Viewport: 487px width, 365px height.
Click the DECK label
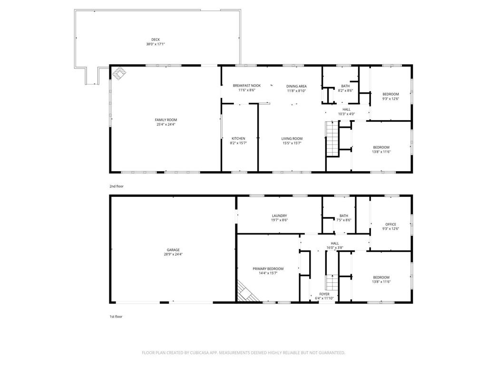[x=156, y=39]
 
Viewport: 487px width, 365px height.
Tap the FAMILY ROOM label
[x=166, y=120]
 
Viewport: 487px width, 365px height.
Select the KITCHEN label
[x=238, y=138]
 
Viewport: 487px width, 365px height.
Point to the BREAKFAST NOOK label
[x=247, y=86]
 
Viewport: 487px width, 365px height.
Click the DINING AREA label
[x=296, y=86]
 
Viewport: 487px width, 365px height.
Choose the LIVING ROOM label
[x=292, y=139]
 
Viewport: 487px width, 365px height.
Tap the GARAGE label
[x=173, y=250]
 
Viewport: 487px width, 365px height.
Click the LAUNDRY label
[x=279, y=216]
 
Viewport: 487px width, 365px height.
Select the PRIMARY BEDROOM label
[x=268, y=269]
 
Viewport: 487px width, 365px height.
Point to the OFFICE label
[x=391, y=224]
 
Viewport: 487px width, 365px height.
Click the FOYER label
[x=324, y=294]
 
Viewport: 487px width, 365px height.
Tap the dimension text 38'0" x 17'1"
[x=156, y=44]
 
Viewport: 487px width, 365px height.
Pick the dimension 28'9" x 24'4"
[x=173, y=254]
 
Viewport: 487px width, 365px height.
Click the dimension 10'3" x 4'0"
[x=347, y=114]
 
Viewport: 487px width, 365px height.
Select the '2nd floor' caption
[x=117, y=186]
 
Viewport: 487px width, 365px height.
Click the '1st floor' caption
[x=116, y=317]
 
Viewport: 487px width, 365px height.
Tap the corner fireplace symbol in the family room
[x=119, y=74]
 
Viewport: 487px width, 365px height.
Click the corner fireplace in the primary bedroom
[x=247, y=292]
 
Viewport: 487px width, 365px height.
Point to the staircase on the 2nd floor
[x=331, y=139]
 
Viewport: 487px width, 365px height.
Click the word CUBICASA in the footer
[x=202, y=353]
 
